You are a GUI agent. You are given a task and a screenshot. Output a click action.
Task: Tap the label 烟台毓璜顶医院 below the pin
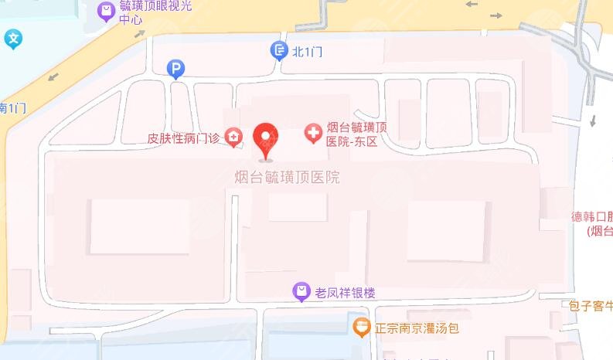coord(287,178)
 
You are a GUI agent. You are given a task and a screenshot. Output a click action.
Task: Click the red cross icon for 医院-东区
coord(313,134)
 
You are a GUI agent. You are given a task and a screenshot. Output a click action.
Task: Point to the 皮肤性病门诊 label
coord(184,139)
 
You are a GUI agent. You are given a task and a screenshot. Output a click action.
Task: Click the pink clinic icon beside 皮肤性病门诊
coord(234,138)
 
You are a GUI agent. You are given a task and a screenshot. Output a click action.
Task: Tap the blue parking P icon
coord(176,70)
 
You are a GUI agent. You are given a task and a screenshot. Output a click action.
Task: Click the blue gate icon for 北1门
coord(279,51)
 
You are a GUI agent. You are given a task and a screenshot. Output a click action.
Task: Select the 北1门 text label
coord(306,52)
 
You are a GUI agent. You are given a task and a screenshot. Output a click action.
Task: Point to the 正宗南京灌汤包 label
coord(417,328)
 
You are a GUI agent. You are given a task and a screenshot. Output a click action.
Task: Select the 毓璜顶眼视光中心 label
coord(155,13)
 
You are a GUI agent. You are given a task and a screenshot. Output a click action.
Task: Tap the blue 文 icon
coord(14,38)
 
